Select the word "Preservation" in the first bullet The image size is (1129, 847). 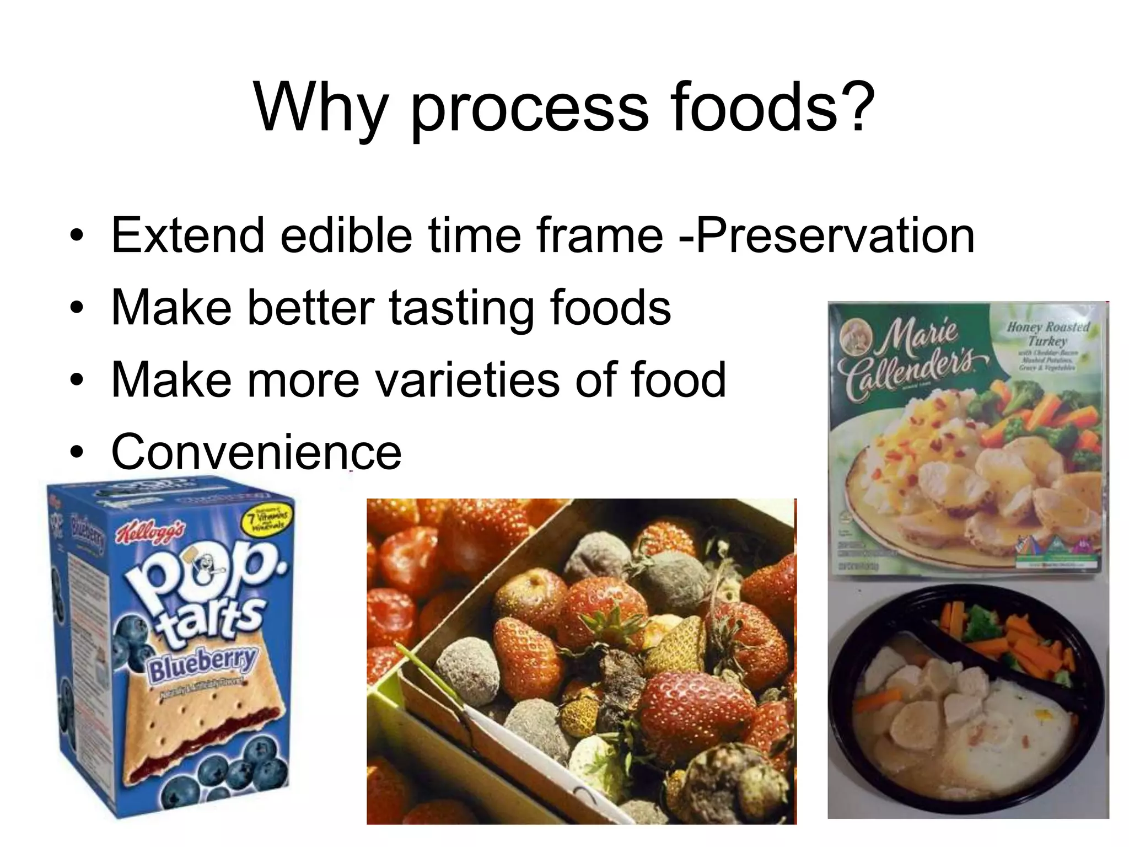point(835,235)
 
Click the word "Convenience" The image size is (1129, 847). point(256,452)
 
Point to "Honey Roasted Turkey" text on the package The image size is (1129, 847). point(1047,334)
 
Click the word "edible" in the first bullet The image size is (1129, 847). point(346,235)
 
